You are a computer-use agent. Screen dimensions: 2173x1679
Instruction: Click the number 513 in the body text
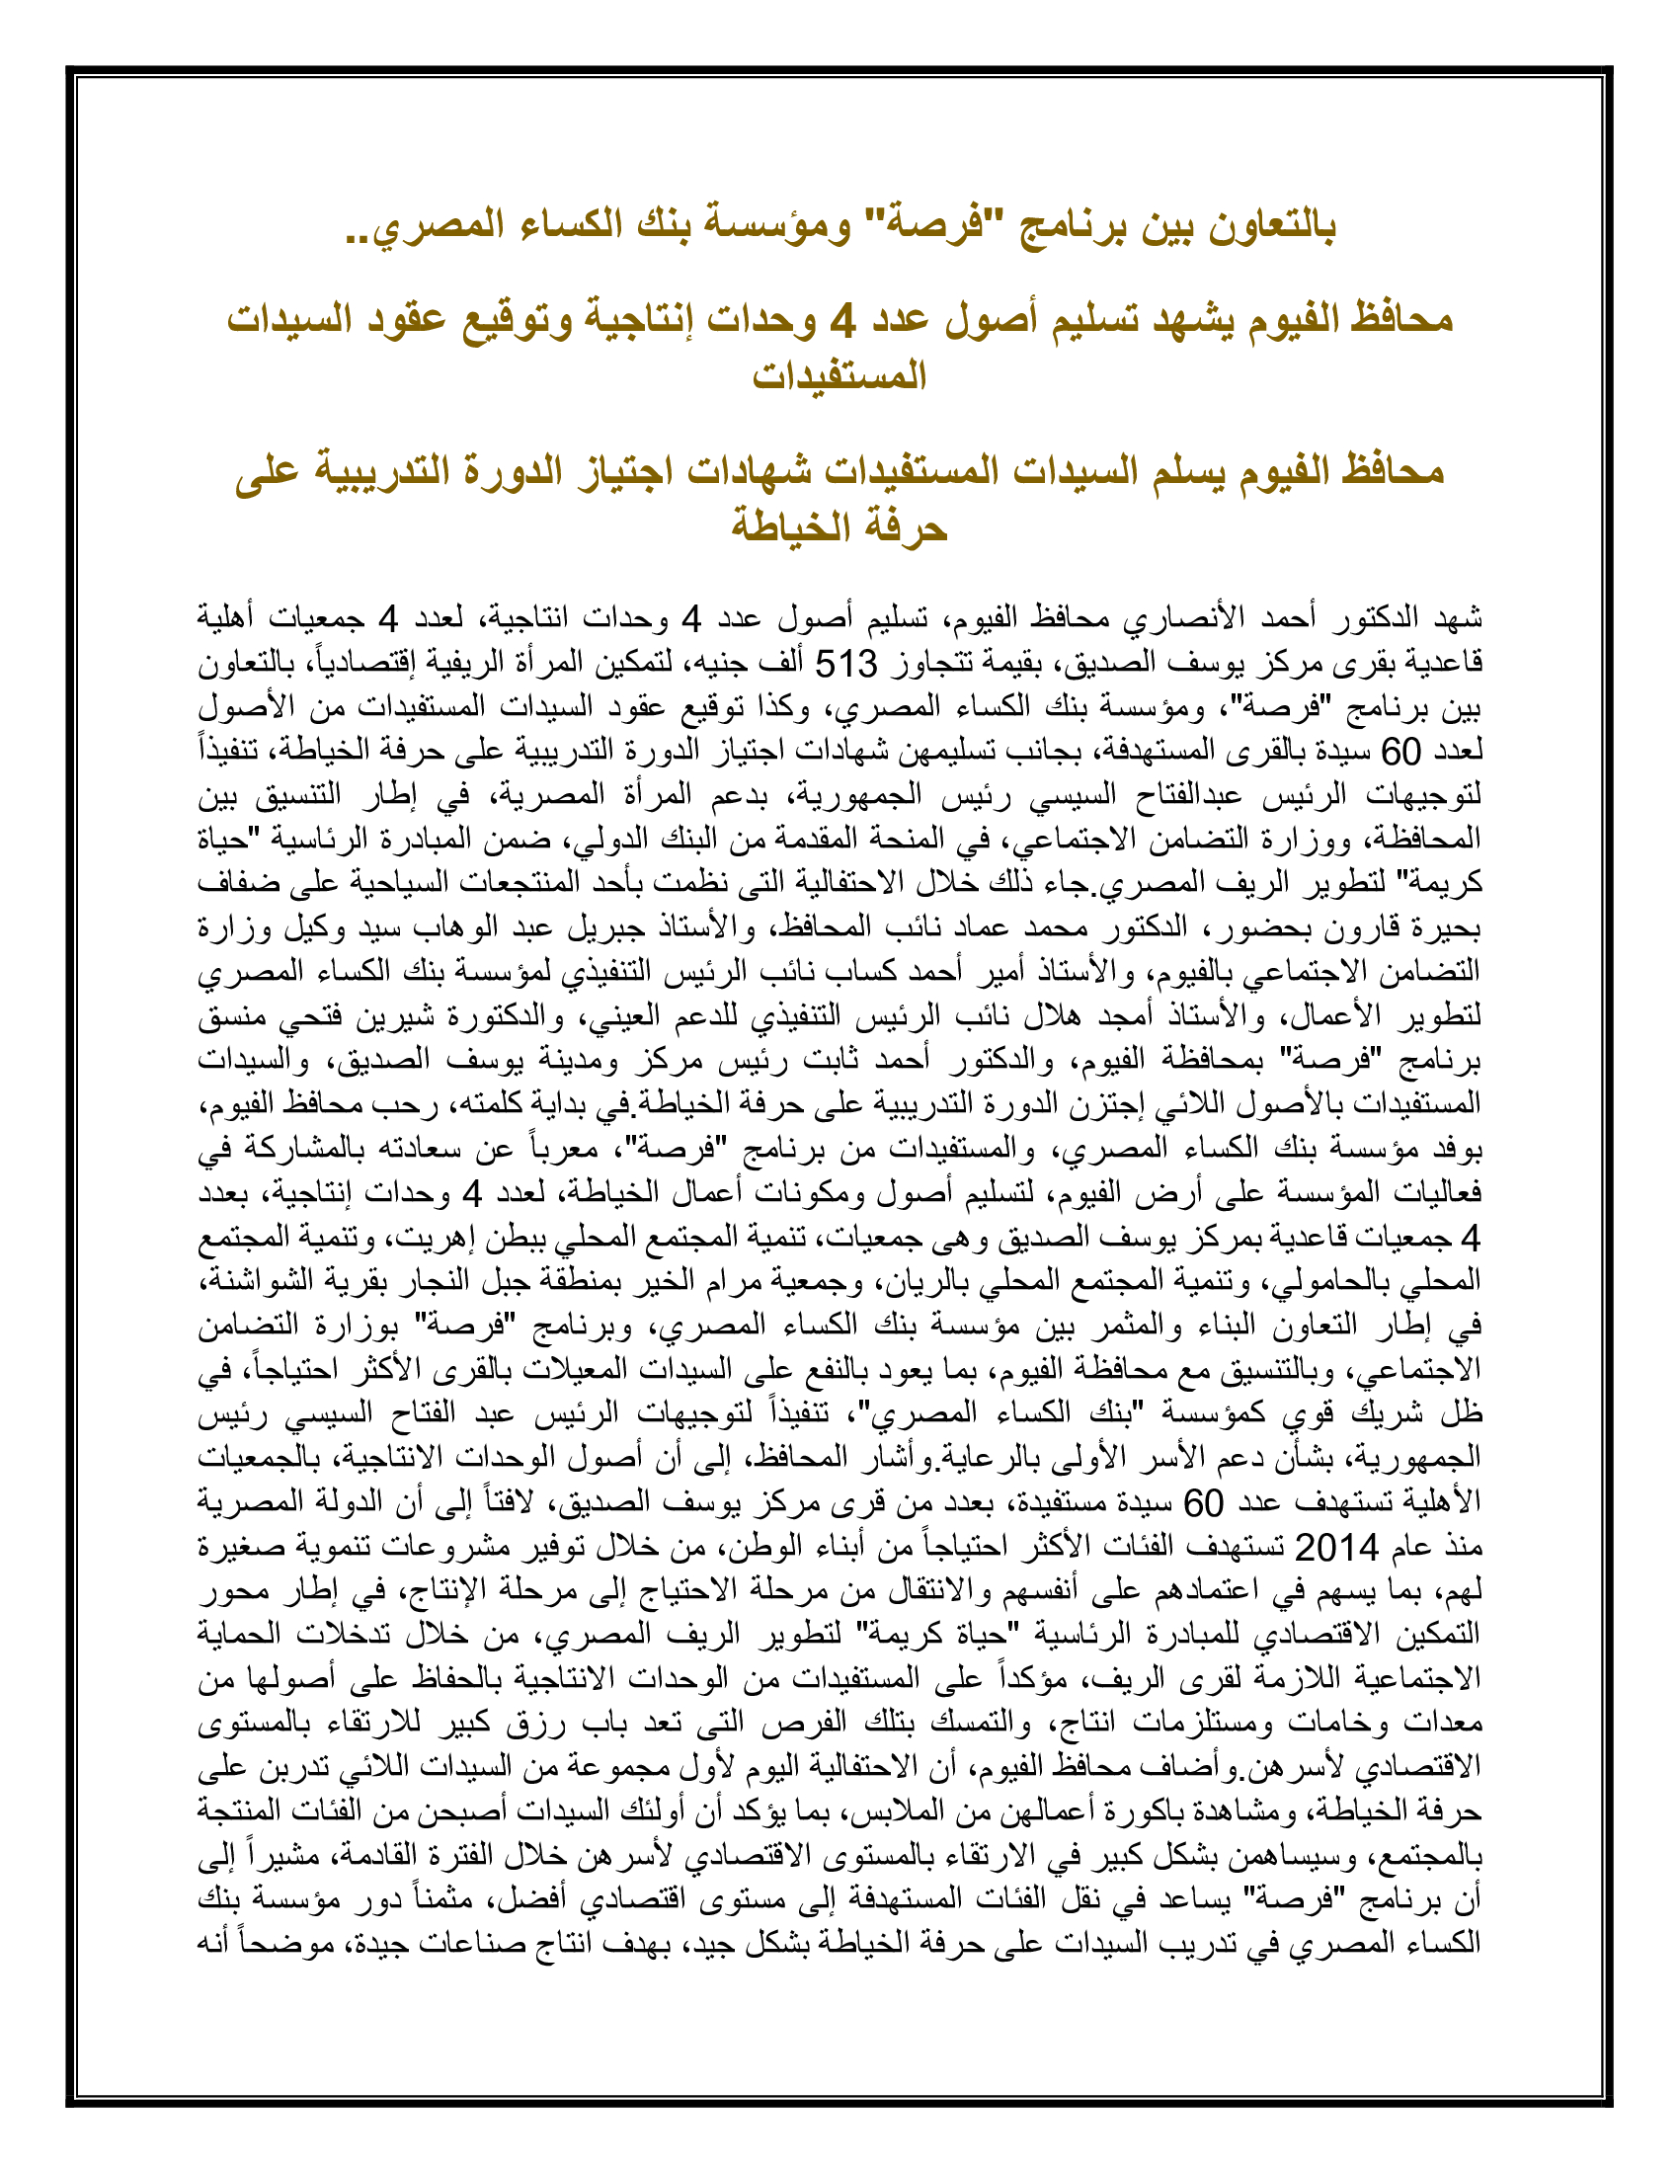(846, 664)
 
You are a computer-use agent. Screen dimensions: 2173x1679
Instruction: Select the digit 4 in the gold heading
(842, 320)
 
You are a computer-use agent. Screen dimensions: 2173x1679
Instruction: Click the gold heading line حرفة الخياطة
(839, 526)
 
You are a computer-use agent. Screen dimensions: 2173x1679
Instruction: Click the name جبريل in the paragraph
(923, 928)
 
